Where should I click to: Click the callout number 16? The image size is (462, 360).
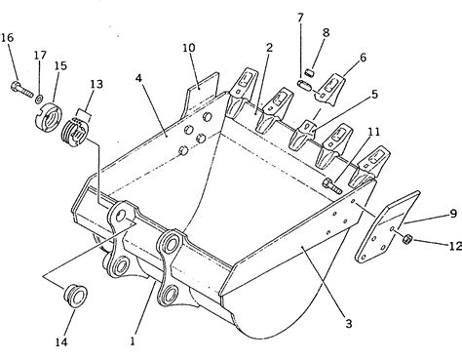pos(7,38)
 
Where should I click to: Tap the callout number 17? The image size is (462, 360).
pos(40,55)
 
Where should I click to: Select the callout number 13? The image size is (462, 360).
pos(96,84)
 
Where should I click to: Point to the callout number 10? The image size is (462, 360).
pos(189,48)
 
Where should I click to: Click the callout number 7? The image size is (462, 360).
pos(300,18)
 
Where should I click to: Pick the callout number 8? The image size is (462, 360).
pos(326,32)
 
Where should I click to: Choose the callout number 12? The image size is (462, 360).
pos(455,246)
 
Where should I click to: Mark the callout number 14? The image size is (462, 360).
pos(61,341)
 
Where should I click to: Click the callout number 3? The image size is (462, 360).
pos(348,324)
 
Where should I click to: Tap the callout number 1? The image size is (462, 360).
pos(133,340)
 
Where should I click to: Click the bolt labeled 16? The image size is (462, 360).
pos(21,89)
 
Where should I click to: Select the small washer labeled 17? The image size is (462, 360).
pos(39,98)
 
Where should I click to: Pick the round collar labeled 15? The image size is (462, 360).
pos(48,117)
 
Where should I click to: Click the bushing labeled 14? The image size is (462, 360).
pos(76,296)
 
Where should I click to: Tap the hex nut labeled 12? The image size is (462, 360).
pos(406,240)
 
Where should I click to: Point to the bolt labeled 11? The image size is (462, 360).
pos(332,186)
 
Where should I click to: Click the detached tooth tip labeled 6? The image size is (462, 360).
pos(329,90)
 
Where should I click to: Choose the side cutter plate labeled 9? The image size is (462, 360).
pos(388,226)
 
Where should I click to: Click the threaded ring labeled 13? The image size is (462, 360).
pos(74,133)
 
